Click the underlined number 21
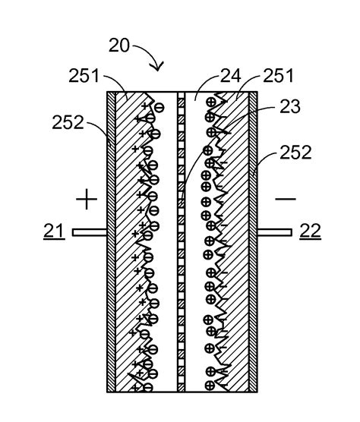tap(55, 232)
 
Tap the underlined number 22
tap(310, 232)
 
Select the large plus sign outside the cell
tap(87, 200)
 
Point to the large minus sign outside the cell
tap(286, 199)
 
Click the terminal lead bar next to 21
tap(90, 233)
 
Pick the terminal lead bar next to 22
tap(275, 233)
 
